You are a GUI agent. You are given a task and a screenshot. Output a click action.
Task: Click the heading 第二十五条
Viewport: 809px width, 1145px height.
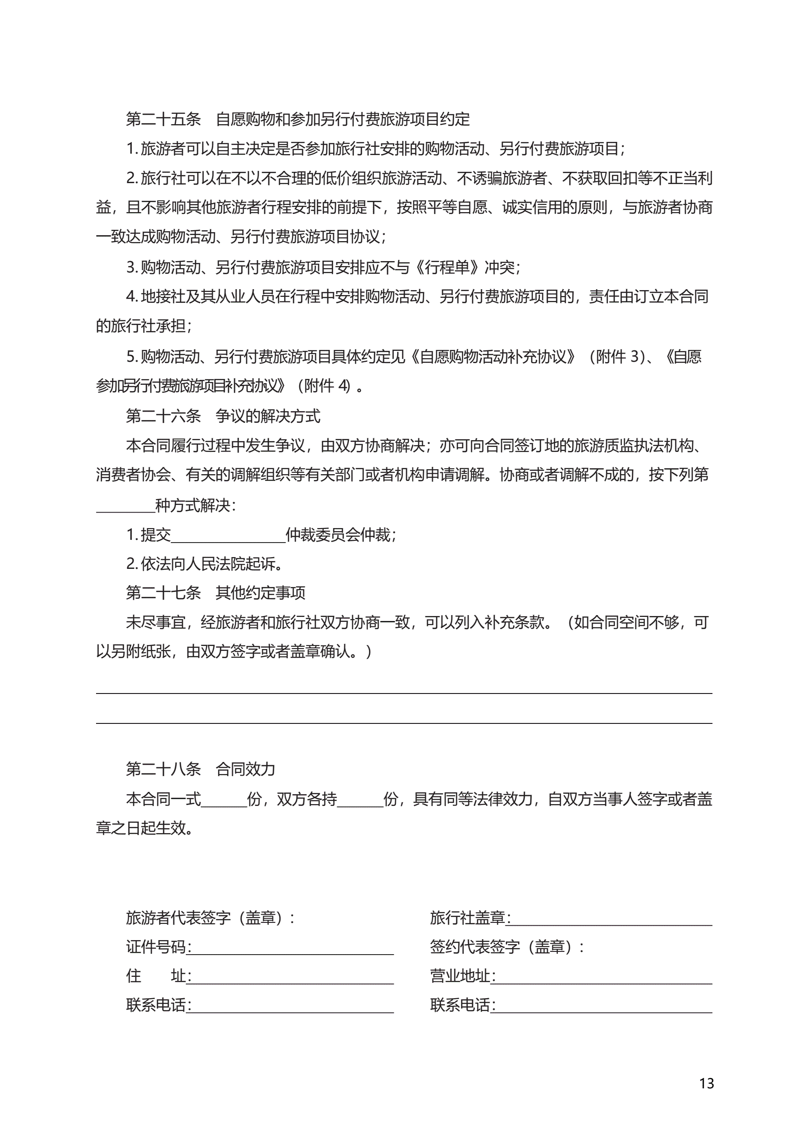[163, 119]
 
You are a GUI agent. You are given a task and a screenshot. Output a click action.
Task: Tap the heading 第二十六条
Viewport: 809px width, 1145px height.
[163, 416]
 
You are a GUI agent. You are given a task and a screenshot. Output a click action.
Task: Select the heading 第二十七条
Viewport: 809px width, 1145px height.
[163, 593]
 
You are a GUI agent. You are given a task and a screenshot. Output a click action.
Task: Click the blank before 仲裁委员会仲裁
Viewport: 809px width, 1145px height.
[228, 537]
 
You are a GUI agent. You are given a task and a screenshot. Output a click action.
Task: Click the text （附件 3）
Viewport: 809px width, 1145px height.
[617, 357]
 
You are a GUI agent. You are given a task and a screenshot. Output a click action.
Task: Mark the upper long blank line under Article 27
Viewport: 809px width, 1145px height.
[404, 693]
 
